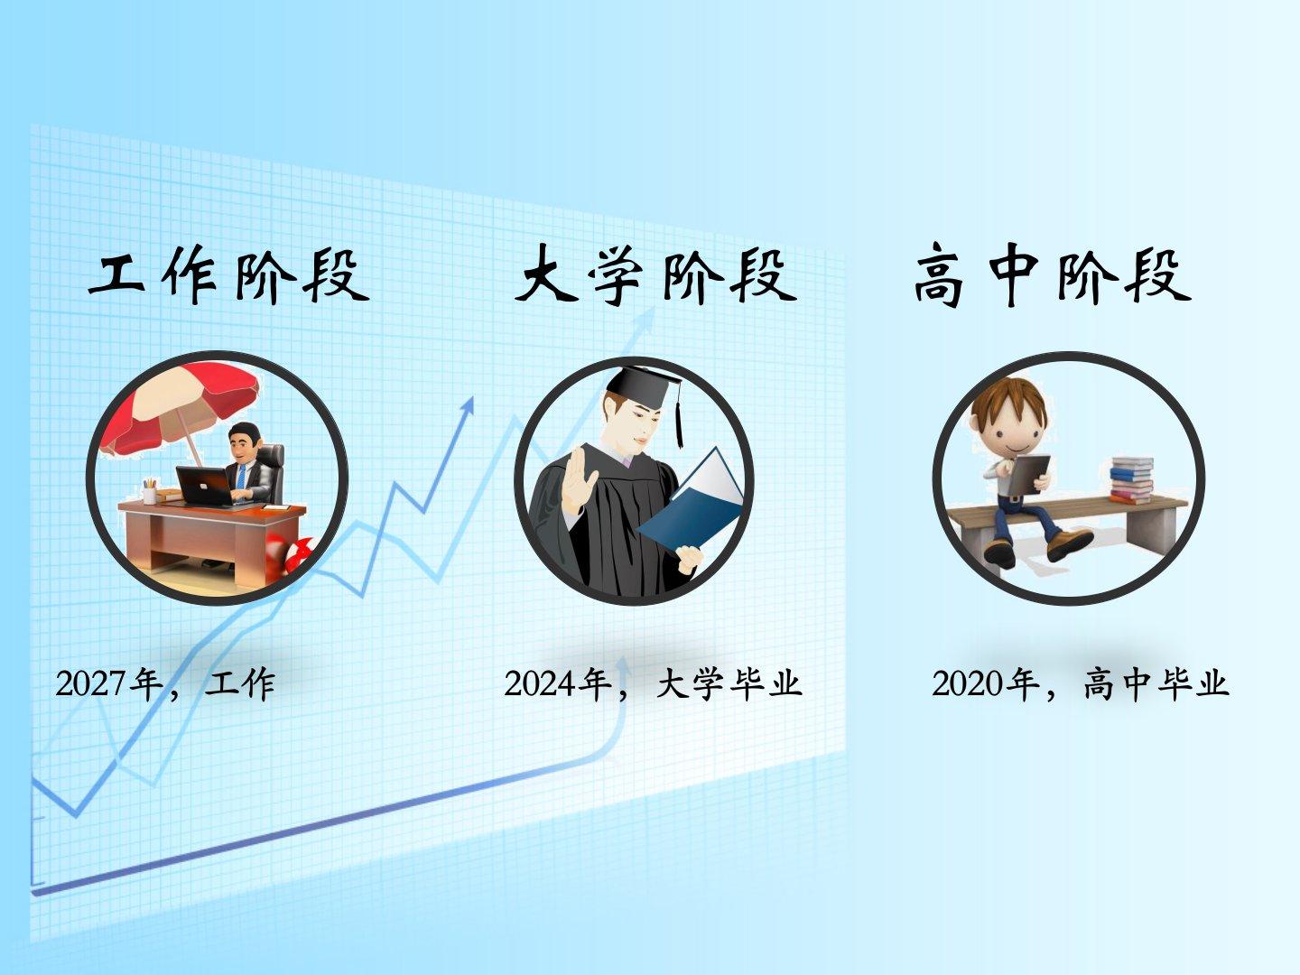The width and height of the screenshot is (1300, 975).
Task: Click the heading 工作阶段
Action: pos(229,276)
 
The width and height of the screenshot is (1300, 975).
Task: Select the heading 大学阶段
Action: pos(655,276)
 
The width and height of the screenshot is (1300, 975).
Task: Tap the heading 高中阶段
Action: pos(1053,276)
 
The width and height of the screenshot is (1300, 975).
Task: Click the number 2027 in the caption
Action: pos(91,683)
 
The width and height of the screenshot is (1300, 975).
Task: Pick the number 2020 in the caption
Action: pos(968,683)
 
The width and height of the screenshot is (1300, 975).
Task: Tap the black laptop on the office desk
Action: pos(206,486)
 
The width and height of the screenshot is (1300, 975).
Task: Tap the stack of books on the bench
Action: pos(1131,480)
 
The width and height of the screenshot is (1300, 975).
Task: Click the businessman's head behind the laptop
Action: pos(244,441)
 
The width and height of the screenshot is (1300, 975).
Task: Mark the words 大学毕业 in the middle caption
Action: pos(729,684)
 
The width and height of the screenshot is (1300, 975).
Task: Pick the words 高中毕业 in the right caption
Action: pos(1156,684)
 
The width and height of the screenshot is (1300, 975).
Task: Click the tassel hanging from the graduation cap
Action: pos(679,414)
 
